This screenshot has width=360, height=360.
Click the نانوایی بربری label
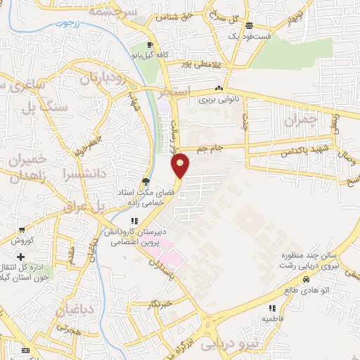click(x=219, y=100)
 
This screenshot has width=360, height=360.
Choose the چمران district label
click(x=302, y=120)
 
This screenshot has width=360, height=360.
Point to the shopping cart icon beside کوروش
click(x=22, y=230)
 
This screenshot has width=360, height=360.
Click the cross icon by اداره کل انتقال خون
click(x=21, y=257)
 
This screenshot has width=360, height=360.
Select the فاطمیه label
click(x=274, y=318)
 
